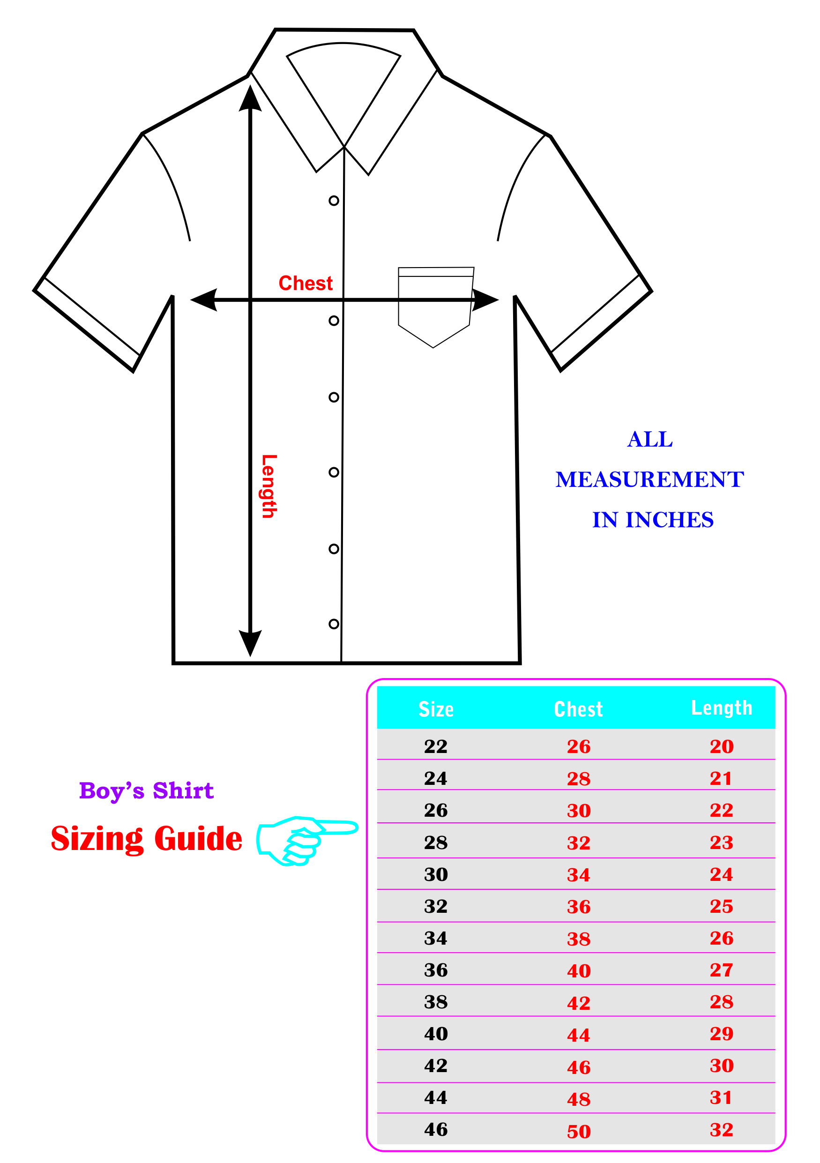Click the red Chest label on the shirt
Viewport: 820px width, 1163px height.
click(x=306, y=283)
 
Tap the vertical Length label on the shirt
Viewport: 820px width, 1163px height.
click(x=269, y=486)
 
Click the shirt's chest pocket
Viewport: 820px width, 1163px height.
click(x=436, y=307)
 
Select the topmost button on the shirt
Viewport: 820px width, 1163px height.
click(x=334, y=201)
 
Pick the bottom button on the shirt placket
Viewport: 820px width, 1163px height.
click(x=334, y=624)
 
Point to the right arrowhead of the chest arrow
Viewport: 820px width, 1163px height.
click(x=485, y=300)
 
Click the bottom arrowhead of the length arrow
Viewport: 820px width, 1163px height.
click(x=250, y=643)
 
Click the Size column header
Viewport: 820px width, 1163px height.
click(x=436, y=709)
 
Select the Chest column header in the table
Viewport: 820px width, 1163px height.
click(x=578, y=709)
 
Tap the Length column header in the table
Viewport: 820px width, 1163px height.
click(x=722, y=708)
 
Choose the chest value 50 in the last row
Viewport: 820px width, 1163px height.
click(x=579, y=1132)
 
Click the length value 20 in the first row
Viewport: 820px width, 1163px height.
click(x=722, y=746)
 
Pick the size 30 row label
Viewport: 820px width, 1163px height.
click(x=436, y=874)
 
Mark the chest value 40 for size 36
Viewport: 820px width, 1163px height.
click(x=579, y=970)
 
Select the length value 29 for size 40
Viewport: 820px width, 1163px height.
click(x=722, y=1033)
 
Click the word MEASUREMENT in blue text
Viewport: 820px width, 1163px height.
click(x=650, y=479)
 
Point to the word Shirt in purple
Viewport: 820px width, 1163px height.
click(x=183, y=790)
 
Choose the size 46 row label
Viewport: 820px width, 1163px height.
click(x=436, y=1129)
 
